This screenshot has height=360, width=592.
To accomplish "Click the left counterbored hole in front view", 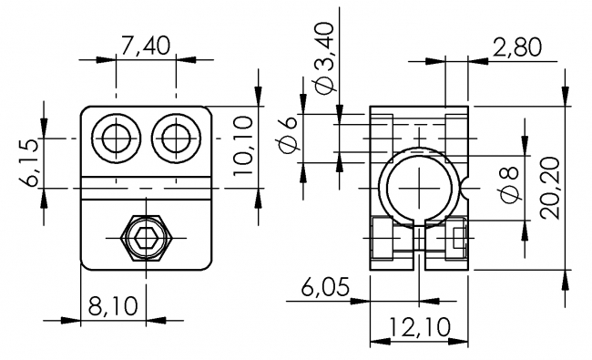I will [x=117, y=139].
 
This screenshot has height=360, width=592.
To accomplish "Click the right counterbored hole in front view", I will [x=177, y=139].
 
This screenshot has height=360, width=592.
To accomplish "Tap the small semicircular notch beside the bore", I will [x=466, y=187].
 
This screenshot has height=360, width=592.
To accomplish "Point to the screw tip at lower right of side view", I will [x=458, y=242].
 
